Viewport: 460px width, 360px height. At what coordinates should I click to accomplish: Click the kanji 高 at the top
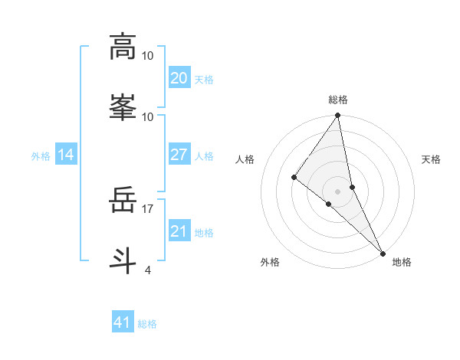(123, 47)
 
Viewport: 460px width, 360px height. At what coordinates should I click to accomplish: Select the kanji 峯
(123, 106)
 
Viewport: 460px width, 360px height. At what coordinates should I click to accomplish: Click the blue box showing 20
(179, 78)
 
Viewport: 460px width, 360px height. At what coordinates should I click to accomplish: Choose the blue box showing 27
(179, 155)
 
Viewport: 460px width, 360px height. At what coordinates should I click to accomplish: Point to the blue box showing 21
(179, 231)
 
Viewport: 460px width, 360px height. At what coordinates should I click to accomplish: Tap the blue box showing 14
(66, 155)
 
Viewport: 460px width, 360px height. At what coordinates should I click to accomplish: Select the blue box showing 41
(123, 322)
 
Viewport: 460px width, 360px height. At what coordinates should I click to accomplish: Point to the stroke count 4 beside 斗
(148, 270)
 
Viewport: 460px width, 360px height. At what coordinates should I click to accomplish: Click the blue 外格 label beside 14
(41, 155)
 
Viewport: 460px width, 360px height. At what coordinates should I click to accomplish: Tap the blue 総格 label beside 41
(147, 323)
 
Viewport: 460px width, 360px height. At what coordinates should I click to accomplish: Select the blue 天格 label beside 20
(203, 79)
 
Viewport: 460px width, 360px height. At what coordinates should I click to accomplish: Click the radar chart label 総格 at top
(337, 100)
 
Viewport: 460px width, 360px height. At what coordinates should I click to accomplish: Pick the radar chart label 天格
(431, 159)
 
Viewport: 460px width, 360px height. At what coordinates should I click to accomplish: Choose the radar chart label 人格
(245, 159)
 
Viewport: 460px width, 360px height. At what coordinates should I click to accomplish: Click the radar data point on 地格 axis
(383, 252)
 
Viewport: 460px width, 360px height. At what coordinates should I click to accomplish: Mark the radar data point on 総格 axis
(337, 116)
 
